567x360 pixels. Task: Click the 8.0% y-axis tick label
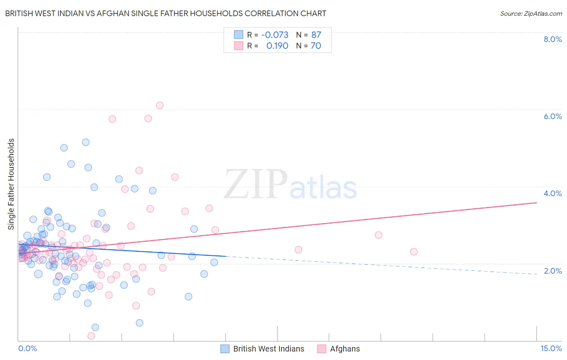[x=552, y=39]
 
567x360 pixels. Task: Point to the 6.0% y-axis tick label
[x=552, y=116]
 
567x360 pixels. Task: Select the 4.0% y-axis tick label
[x=552, y=193]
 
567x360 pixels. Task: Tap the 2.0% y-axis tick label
[x=552, y=271]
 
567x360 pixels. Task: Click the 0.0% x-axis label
[x=27, y=349]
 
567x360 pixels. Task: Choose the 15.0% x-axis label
[x=551, y=349]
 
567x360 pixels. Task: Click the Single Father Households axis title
[x=11, y=184]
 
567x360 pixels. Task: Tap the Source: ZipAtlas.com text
[x=531, y=13]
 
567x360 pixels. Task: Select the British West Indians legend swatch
[x=225, y=349]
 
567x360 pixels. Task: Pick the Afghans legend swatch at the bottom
[x=321, y=349]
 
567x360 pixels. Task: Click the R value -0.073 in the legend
[x=275, y=35]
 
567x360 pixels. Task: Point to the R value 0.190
[x=277, y=46]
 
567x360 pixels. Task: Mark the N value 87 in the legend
[x=316, y=35]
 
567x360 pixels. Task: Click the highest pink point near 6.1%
[x=160, y=105]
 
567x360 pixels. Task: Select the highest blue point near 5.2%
[x=85, y=142]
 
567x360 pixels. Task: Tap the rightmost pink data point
[x=414, y=252]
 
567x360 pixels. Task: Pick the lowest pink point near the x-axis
[x=91, y=336]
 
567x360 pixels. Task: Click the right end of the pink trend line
[x=536, y=203]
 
